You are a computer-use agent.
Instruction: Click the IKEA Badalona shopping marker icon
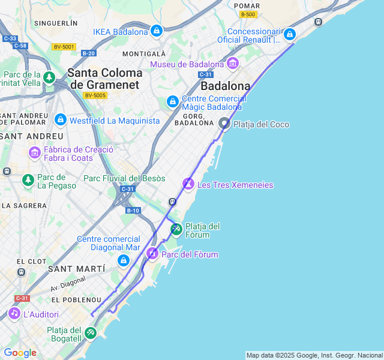[157, 30]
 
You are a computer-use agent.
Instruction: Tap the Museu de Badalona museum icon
[233, 63]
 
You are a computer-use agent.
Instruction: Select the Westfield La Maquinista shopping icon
[60, 120]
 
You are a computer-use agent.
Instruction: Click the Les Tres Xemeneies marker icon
[188, 184]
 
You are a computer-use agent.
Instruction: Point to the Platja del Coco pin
[224, 124]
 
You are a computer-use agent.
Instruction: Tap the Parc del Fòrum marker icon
[152, 254]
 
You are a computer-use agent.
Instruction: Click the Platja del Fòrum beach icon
[176, 229]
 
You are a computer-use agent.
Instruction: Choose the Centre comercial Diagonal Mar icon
[123, 260]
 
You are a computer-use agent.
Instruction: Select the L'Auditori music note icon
[14, 313]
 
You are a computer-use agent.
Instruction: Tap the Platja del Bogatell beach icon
[90, 332]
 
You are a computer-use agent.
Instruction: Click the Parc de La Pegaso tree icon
[28, 180]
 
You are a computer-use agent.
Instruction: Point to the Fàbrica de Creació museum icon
[34, 153]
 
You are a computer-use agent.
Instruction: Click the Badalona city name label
[225, 86]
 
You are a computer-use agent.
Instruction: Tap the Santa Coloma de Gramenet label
[105, 79]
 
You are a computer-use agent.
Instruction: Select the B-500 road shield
[247, 14]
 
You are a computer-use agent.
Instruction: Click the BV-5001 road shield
[64, 47]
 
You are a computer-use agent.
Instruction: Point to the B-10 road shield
[133, 211]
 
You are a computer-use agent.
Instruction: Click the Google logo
[20, 353]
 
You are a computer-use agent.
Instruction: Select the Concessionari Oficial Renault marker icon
[290, 34]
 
